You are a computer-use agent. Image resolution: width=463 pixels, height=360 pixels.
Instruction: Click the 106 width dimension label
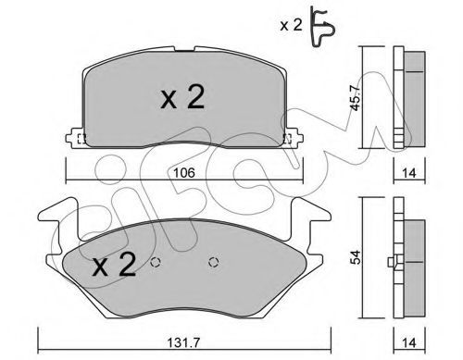(x=184, y=173)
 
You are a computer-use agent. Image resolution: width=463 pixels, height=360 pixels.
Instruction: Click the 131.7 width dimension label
(x=184, y=343)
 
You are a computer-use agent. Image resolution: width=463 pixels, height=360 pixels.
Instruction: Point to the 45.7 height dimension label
(x=355, y=97)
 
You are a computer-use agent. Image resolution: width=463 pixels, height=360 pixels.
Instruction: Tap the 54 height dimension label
(x=356, y=257)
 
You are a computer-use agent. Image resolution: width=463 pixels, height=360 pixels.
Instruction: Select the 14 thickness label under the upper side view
(x=409, y=173)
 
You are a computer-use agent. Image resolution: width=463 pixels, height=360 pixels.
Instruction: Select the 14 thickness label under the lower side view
(x=409, y=343)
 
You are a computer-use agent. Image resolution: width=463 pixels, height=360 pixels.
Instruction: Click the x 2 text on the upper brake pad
(x=182, y=97)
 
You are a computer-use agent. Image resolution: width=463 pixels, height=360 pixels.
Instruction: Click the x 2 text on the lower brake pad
(x=114, y=264)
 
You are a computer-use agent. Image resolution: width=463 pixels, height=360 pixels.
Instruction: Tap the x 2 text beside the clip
(x=291, y=25)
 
